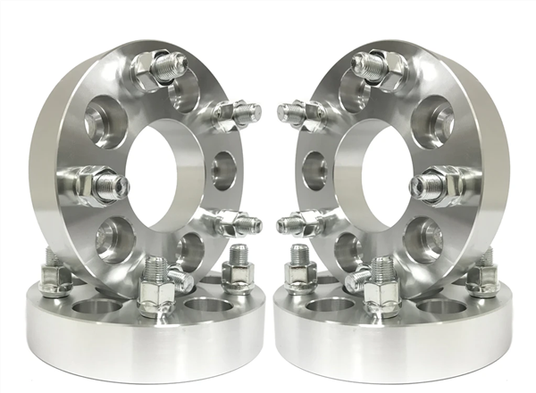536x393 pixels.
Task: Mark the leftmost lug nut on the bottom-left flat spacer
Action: tap(55, 277)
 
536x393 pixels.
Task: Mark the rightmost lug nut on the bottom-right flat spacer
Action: tap(482, 277)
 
